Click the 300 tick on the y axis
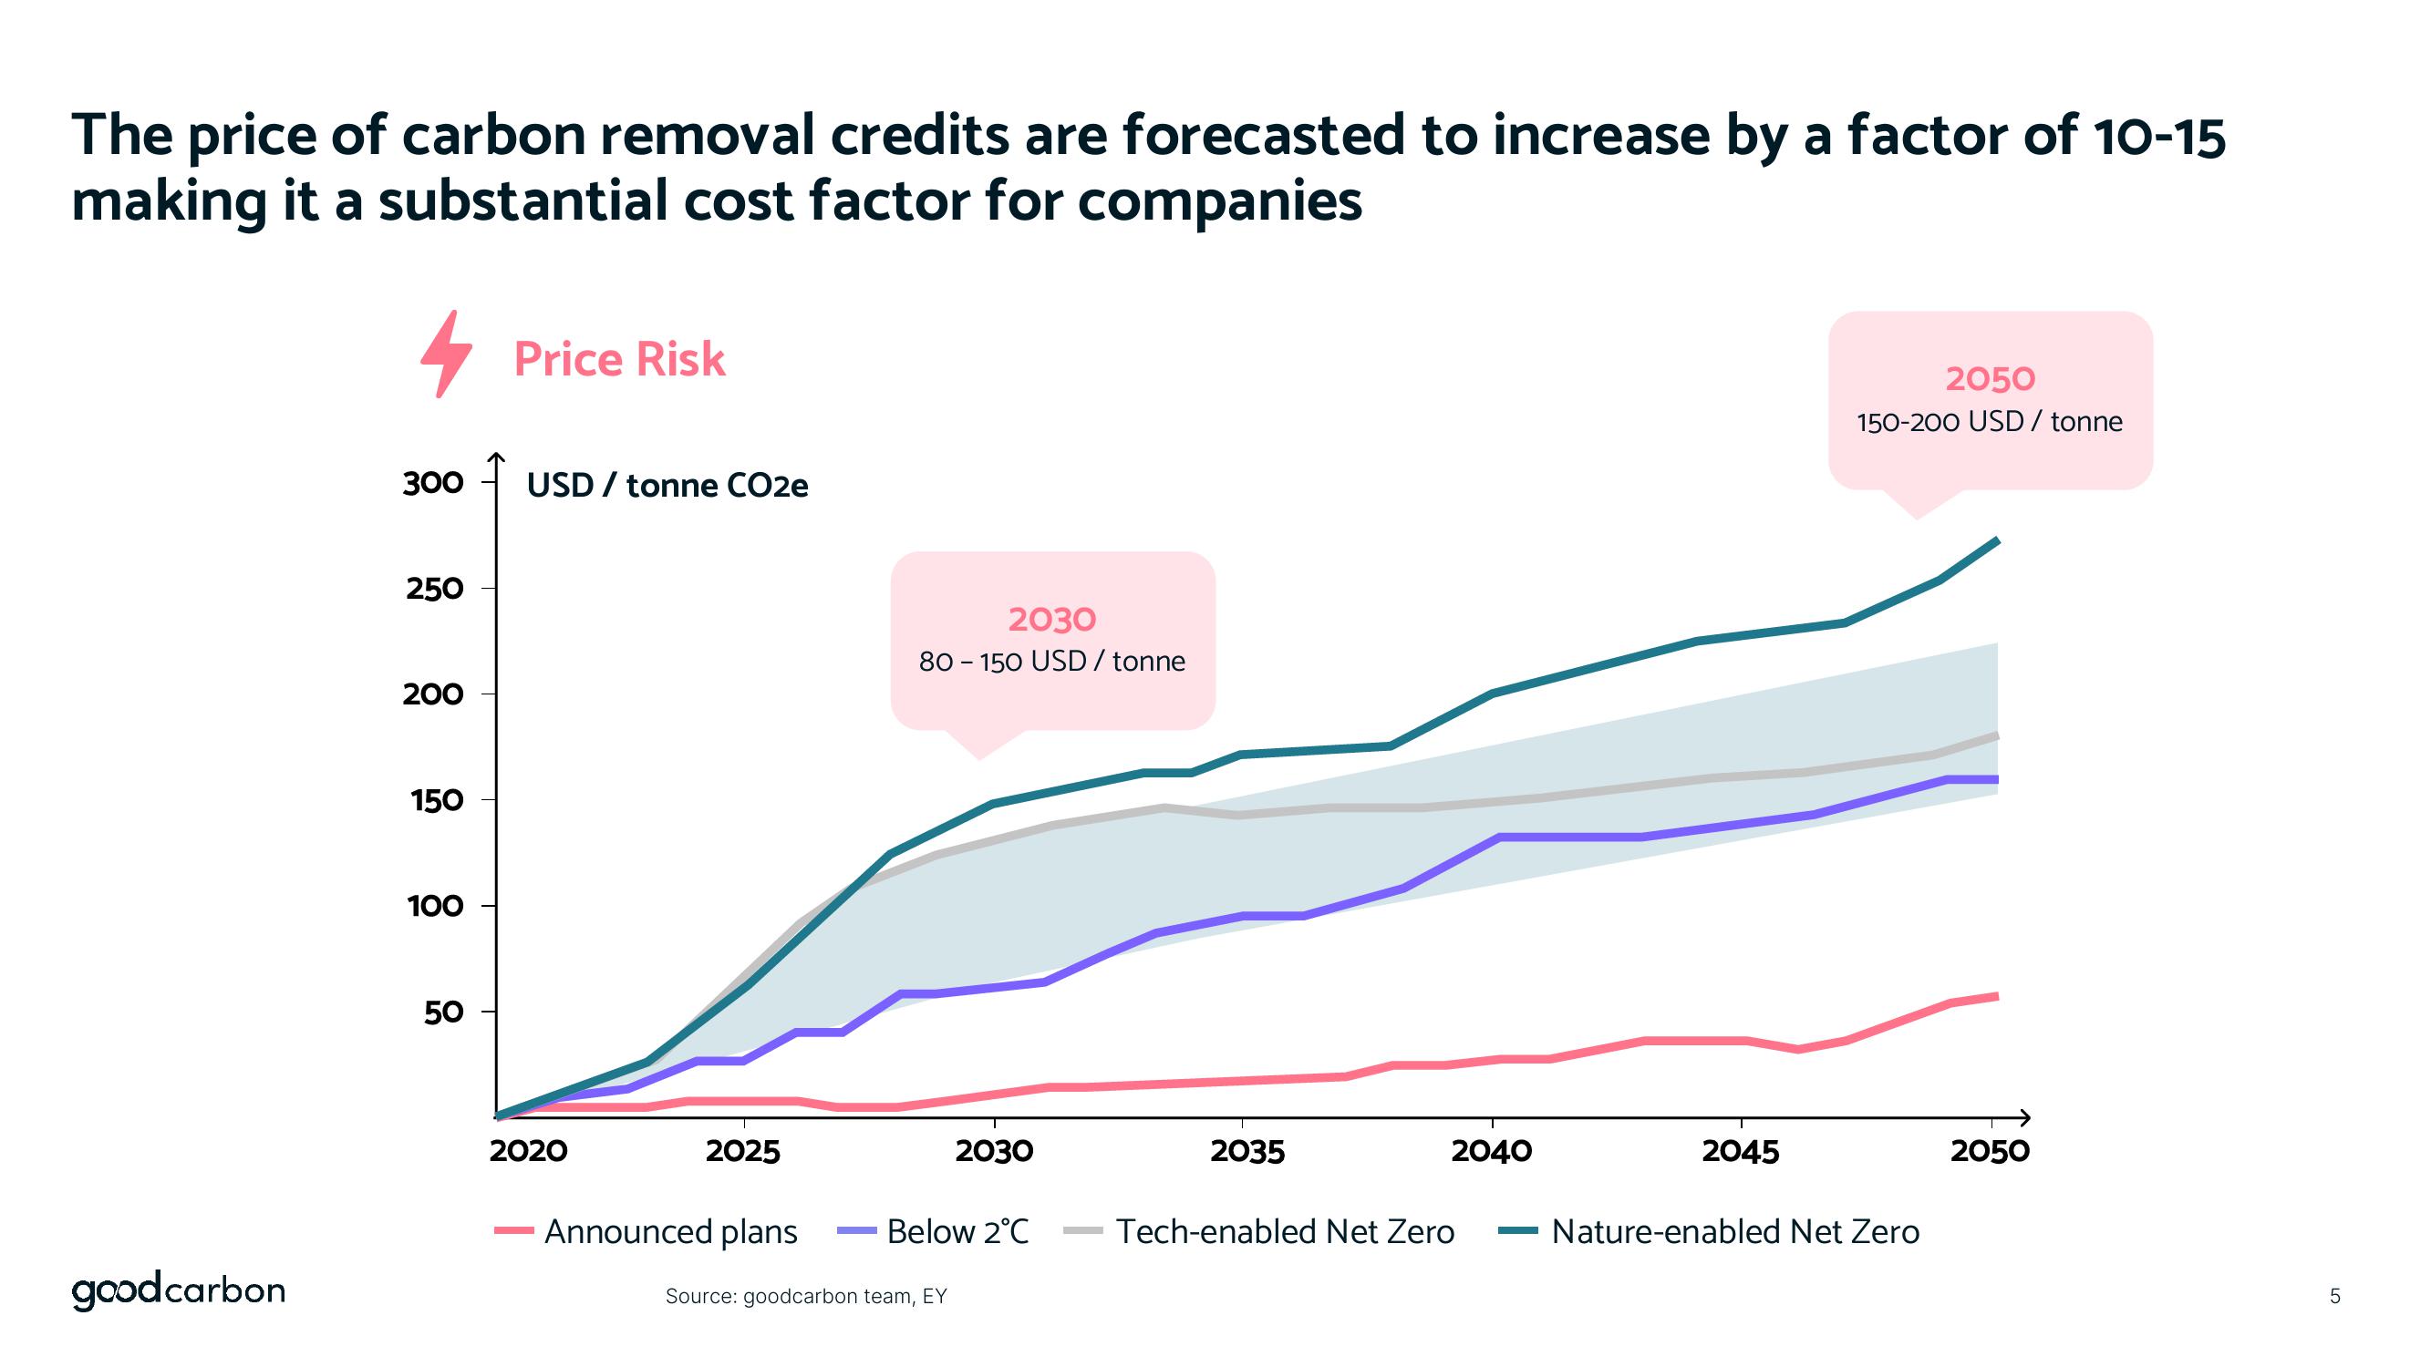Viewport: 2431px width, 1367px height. click(433, 483)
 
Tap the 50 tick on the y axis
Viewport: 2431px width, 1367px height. click(442, 1012)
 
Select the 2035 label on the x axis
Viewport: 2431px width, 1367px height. click(1247, 1151)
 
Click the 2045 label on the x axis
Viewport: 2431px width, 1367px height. click(1740, 1151)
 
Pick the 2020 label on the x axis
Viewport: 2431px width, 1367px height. click(529, 1151)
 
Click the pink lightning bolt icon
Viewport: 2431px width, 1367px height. click(445, 354)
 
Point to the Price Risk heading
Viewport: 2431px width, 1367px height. click(619, 359)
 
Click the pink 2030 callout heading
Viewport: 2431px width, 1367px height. click(1051, 620)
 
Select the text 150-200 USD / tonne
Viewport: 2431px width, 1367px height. click(1990, 422)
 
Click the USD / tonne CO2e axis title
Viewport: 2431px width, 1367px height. click(667, 486)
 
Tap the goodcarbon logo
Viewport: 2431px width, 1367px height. click(179, 1290)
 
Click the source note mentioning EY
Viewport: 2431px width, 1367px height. click(805, 1296)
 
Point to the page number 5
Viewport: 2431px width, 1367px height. click(2334, 1296)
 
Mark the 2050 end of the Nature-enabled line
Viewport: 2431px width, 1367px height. click(1997, 540)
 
